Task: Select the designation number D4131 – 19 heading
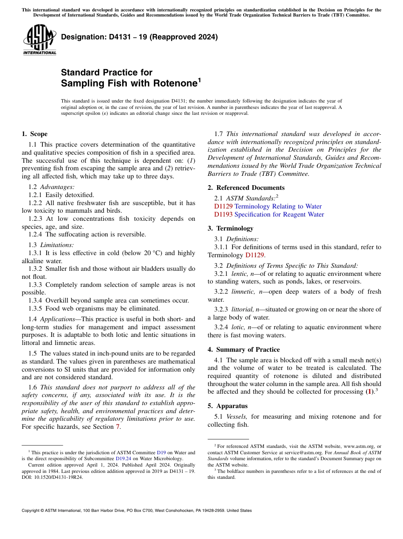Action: coord(139,37)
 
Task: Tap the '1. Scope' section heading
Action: coord(34,134)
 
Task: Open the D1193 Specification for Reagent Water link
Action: coord(269,214)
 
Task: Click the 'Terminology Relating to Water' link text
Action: coord(278,206)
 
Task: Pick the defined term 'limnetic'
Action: coord(243,292)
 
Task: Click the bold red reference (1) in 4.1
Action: coord(370,392)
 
